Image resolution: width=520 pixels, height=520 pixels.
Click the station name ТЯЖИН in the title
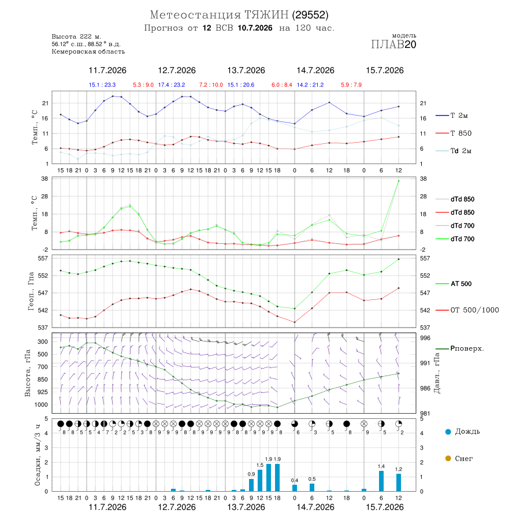(x=266, y=15)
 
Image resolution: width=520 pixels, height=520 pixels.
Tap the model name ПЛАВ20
(x=393, y=44)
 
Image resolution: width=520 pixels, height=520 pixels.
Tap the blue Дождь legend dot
(x=448, y=432)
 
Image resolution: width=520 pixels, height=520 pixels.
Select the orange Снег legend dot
(x=448, y=458)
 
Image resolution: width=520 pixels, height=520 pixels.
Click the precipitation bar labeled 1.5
(x=260, y=481)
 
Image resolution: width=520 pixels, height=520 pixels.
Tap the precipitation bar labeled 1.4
(x=381, y=481)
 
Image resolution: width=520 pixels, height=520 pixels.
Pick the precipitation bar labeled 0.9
(x=251, y=485)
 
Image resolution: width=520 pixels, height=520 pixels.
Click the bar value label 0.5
(x=312, y=479)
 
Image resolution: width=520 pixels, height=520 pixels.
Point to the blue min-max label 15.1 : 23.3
(x=102, y=84)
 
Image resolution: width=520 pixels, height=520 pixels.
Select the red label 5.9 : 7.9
(x=351, y=84)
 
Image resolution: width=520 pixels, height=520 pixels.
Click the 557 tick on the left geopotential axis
(x=43, y=258)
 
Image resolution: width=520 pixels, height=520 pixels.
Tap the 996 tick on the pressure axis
(x=425, y=338)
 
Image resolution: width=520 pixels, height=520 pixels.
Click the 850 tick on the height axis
(x=42, y=380)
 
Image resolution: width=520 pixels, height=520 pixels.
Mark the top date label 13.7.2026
(x=246, y=70)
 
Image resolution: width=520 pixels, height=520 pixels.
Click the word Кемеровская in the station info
(x=70, y=52)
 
